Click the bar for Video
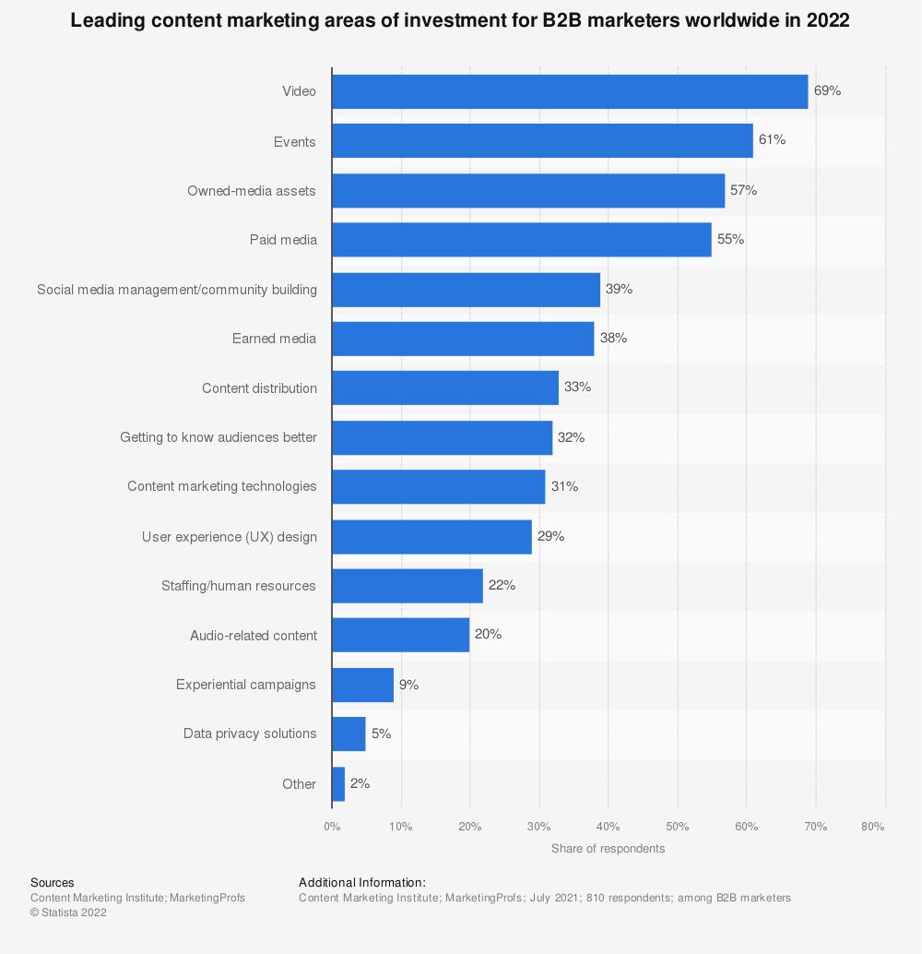pyautogui.click(x=570, y=91)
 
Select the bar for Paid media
pyautogui.click(x=522, y=240)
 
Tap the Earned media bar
pyautogui.click(x=463, y=339)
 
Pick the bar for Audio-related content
pyautogui.click(x=401, y=635)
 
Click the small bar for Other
pyautogui.click(x=338, y=783)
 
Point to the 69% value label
pyautogui.click(x=827, y=91)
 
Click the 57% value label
pyautogui.click(x=744, y=190)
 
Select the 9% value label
pyautogui.click(x=408, y=685)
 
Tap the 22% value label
pyautogui.click(x=502, y=586)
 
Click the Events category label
pyautogui.click(x=295, y=142)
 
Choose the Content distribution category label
pyautogui.click(x=259, y=388)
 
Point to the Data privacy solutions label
pyautogui.click(x=250, y=733)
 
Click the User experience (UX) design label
pyautogui.click(x=230, y=537)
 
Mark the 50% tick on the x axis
pyautogui.click(x=678, y=827)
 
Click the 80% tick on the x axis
pyautogui.click(x=873, y=827)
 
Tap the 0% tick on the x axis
pyautogui.click(x=332, y=827)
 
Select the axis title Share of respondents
pyautogui.click(x=608, y=849)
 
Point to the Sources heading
pyautogui.click(x=53, y=883)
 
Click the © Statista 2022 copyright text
pyautogui.click(x=68, y=912)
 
